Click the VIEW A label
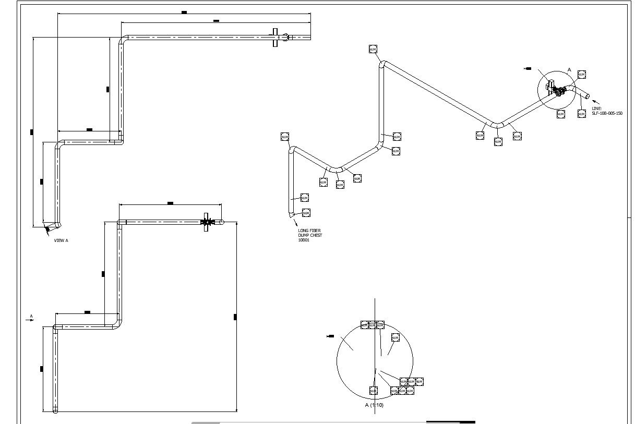coord(61,240)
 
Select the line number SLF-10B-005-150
coord(607,113)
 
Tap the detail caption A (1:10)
coord(374,405)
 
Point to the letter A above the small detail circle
coord(569,70)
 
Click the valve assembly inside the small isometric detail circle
coord(559,92)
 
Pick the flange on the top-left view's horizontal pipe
coord(275,38)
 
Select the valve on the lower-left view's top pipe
coord(207,222)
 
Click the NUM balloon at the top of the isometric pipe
coord(373,49)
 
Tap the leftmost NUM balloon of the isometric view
coord(285,137)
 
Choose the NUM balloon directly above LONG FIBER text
coord(306,213)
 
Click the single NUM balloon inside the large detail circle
coord(395,338)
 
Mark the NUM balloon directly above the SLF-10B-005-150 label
coord(581,114)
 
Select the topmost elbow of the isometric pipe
coord(382,65)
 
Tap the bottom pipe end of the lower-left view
coord(55,410)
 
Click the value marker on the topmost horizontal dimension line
coord(184,12)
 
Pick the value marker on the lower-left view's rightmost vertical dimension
coord(235,317)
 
